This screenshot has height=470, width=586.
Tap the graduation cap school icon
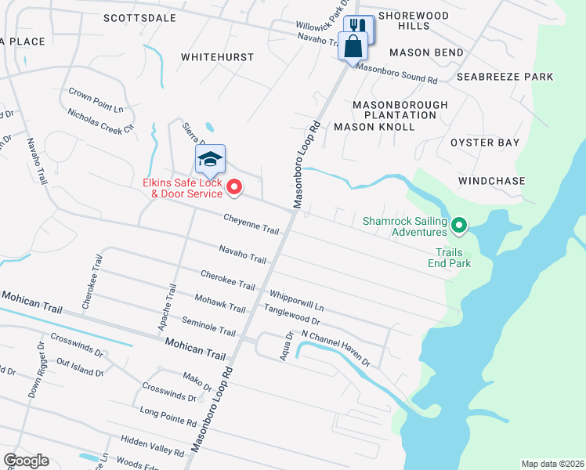[x=210, y=161]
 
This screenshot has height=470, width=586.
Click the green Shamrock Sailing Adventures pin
[x=460, y=227]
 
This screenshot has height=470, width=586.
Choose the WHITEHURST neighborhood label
[x=217, y=57]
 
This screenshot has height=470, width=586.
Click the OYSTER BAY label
[x=485, y=143]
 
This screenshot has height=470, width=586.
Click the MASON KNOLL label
[x=374, y=126]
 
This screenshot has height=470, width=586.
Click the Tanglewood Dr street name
[x=291, y=315]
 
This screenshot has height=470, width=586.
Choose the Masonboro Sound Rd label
[x=396, y=74]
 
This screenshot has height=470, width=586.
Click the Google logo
[x=26, y=461]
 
